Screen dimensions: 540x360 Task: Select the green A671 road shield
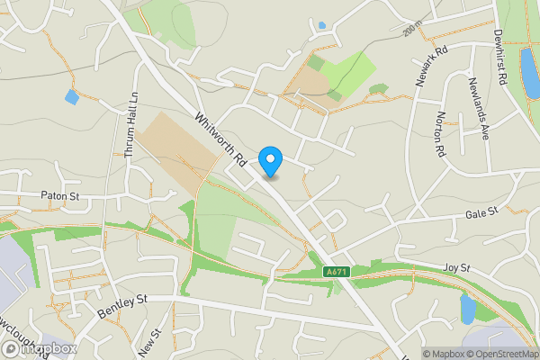[336, 272]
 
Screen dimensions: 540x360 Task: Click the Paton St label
[61, 194]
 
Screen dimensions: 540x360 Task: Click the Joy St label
[457, 267]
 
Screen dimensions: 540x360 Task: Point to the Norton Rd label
[440, 135]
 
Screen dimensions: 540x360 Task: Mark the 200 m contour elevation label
[410, 32]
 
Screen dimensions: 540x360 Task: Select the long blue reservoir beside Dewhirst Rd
[526, 65]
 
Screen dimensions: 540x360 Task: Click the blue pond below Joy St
[467, 309]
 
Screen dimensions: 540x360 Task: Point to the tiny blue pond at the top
[321, 25]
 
